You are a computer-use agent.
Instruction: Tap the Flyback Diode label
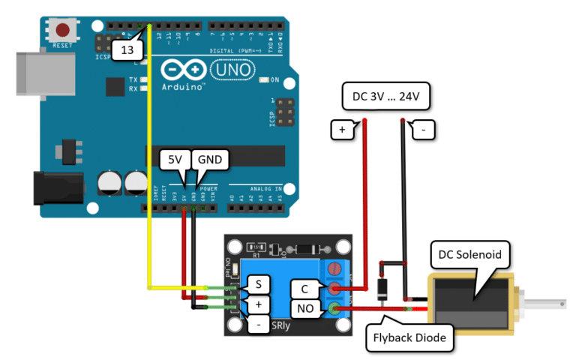click(412, 338)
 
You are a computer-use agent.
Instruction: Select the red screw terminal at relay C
click(334, 288)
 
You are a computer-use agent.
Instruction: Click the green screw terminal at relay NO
click(334, 307)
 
